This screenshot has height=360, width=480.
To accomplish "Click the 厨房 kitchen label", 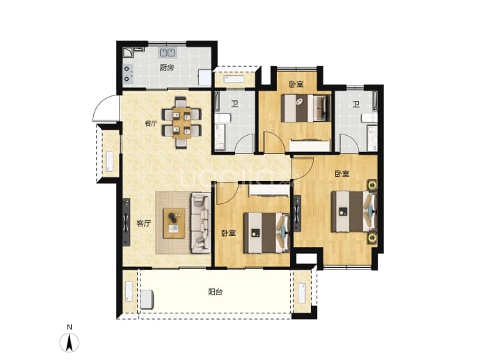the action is coord(167,68).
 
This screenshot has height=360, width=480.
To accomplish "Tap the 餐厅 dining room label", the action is coord(151,123).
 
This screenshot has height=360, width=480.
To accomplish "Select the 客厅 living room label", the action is coord(143,223).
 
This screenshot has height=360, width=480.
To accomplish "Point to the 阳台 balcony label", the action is coord(215,292).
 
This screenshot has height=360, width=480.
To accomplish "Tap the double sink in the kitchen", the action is coord(167,52).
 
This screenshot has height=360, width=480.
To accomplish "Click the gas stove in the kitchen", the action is coord(128,74).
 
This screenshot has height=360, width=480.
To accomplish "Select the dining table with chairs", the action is coord(182,123).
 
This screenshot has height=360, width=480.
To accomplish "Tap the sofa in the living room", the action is coord(201,222).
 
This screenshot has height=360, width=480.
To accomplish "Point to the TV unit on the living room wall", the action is coord(126,222).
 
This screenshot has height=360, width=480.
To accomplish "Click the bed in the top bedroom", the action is coord(306,108).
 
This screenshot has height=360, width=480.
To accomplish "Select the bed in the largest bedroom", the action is coord(353,212).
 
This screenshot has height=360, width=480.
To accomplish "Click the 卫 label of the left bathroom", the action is coord(234,104).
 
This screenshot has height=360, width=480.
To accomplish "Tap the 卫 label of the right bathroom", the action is coord(355,104).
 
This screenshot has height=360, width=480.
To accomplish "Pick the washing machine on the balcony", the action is coord(147,299).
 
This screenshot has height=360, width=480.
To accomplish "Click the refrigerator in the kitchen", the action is coord(205,78).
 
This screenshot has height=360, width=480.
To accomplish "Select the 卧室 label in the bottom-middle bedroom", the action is coord(229,233).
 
